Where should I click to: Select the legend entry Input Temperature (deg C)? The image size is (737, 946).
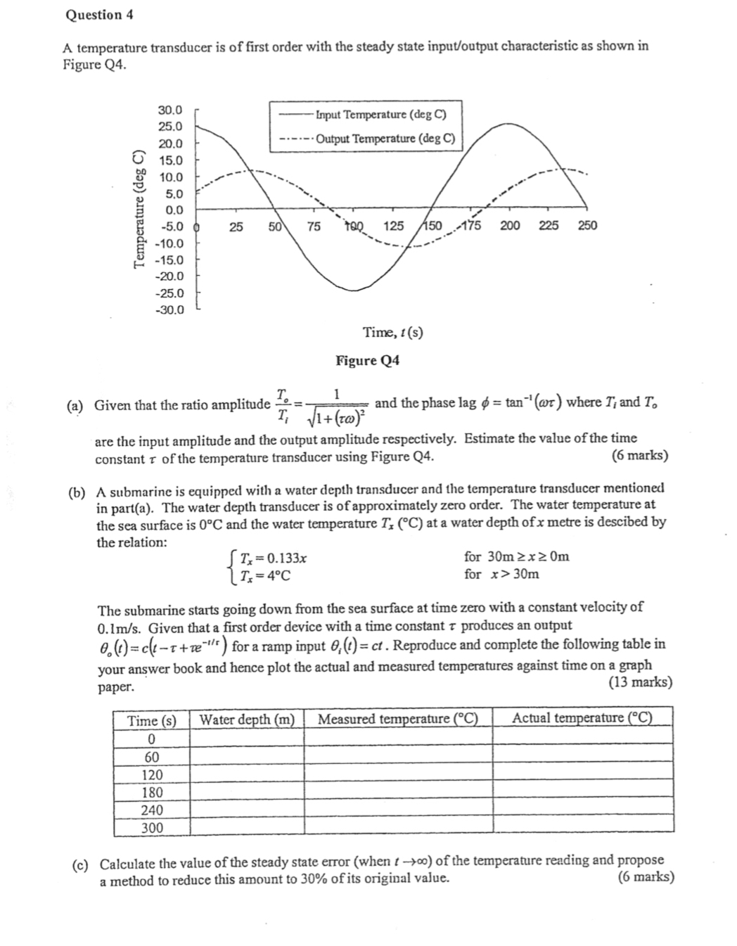pos(380,115)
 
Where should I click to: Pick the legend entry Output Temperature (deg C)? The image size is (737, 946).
pos(385,139)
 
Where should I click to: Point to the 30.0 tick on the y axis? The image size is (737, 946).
pos(169,110)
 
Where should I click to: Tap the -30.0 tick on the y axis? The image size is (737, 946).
pos(169,310)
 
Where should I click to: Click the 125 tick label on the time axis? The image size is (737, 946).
pos(394,226)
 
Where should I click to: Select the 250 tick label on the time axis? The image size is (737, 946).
pos(587,226)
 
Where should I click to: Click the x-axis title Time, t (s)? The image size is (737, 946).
pos(392,332)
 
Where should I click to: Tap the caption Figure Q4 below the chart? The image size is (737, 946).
pos(367,361)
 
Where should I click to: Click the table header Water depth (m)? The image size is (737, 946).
pos(247,719)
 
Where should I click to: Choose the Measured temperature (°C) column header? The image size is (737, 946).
pos(397,719)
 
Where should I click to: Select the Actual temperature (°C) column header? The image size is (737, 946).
pos(582,718)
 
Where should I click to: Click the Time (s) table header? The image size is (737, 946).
pos(151,721)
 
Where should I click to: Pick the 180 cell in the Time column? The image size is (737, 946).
pos(152,793)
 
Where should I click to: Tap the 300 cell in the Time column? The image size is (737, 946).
pos(152,828)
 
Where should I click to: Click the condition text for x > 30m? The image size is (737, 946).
pos(501,574)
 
